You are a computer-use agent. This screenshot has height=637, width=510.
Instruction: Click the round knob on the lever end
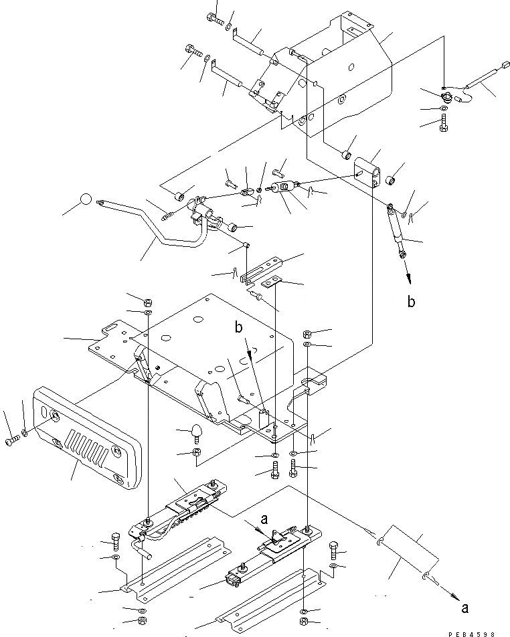[86, 199]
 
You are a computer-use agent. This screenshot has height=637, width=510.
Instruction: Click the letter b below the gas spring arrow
[411, 301]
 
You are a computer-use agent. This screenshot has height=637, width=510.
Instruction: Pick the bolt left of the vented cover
[13, 442]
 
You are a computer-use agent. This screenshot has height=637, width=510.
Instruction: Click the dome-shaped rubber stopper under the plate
[197, 432]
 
